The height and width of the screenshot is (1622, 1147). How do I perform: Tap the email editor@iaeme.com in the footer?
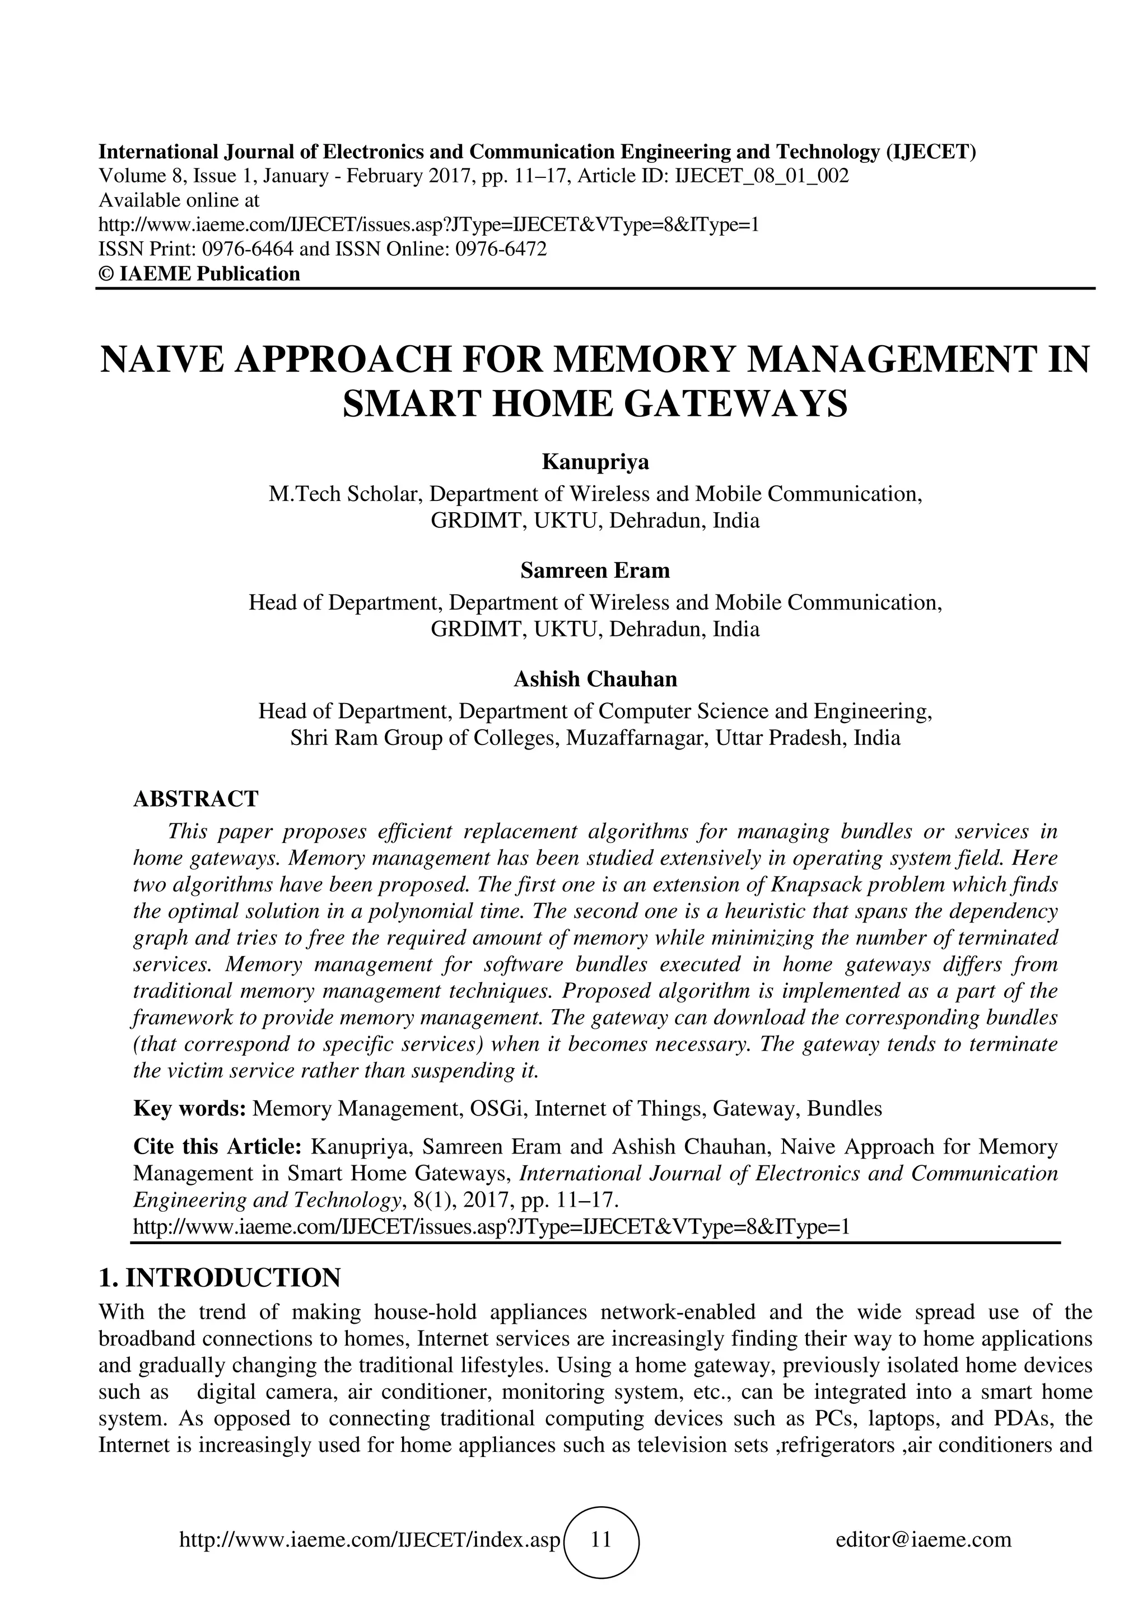click(x=923, y=1539)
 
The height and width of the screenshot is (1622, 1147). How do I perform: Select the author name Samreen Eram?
click(x=595, y=570)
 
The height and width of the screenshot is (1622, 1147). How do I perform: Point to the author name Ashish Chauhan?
click(x=595, y=679)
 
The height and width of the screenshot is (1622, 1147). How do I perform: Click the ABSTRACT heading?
click(x=196, y=799)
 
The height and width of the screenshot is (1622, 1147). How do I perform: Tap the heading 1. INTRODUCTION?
click(x=219, y=1278)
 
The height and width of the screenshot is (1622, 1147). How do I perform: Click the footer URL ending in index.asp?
click(x=370, y=1539)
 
